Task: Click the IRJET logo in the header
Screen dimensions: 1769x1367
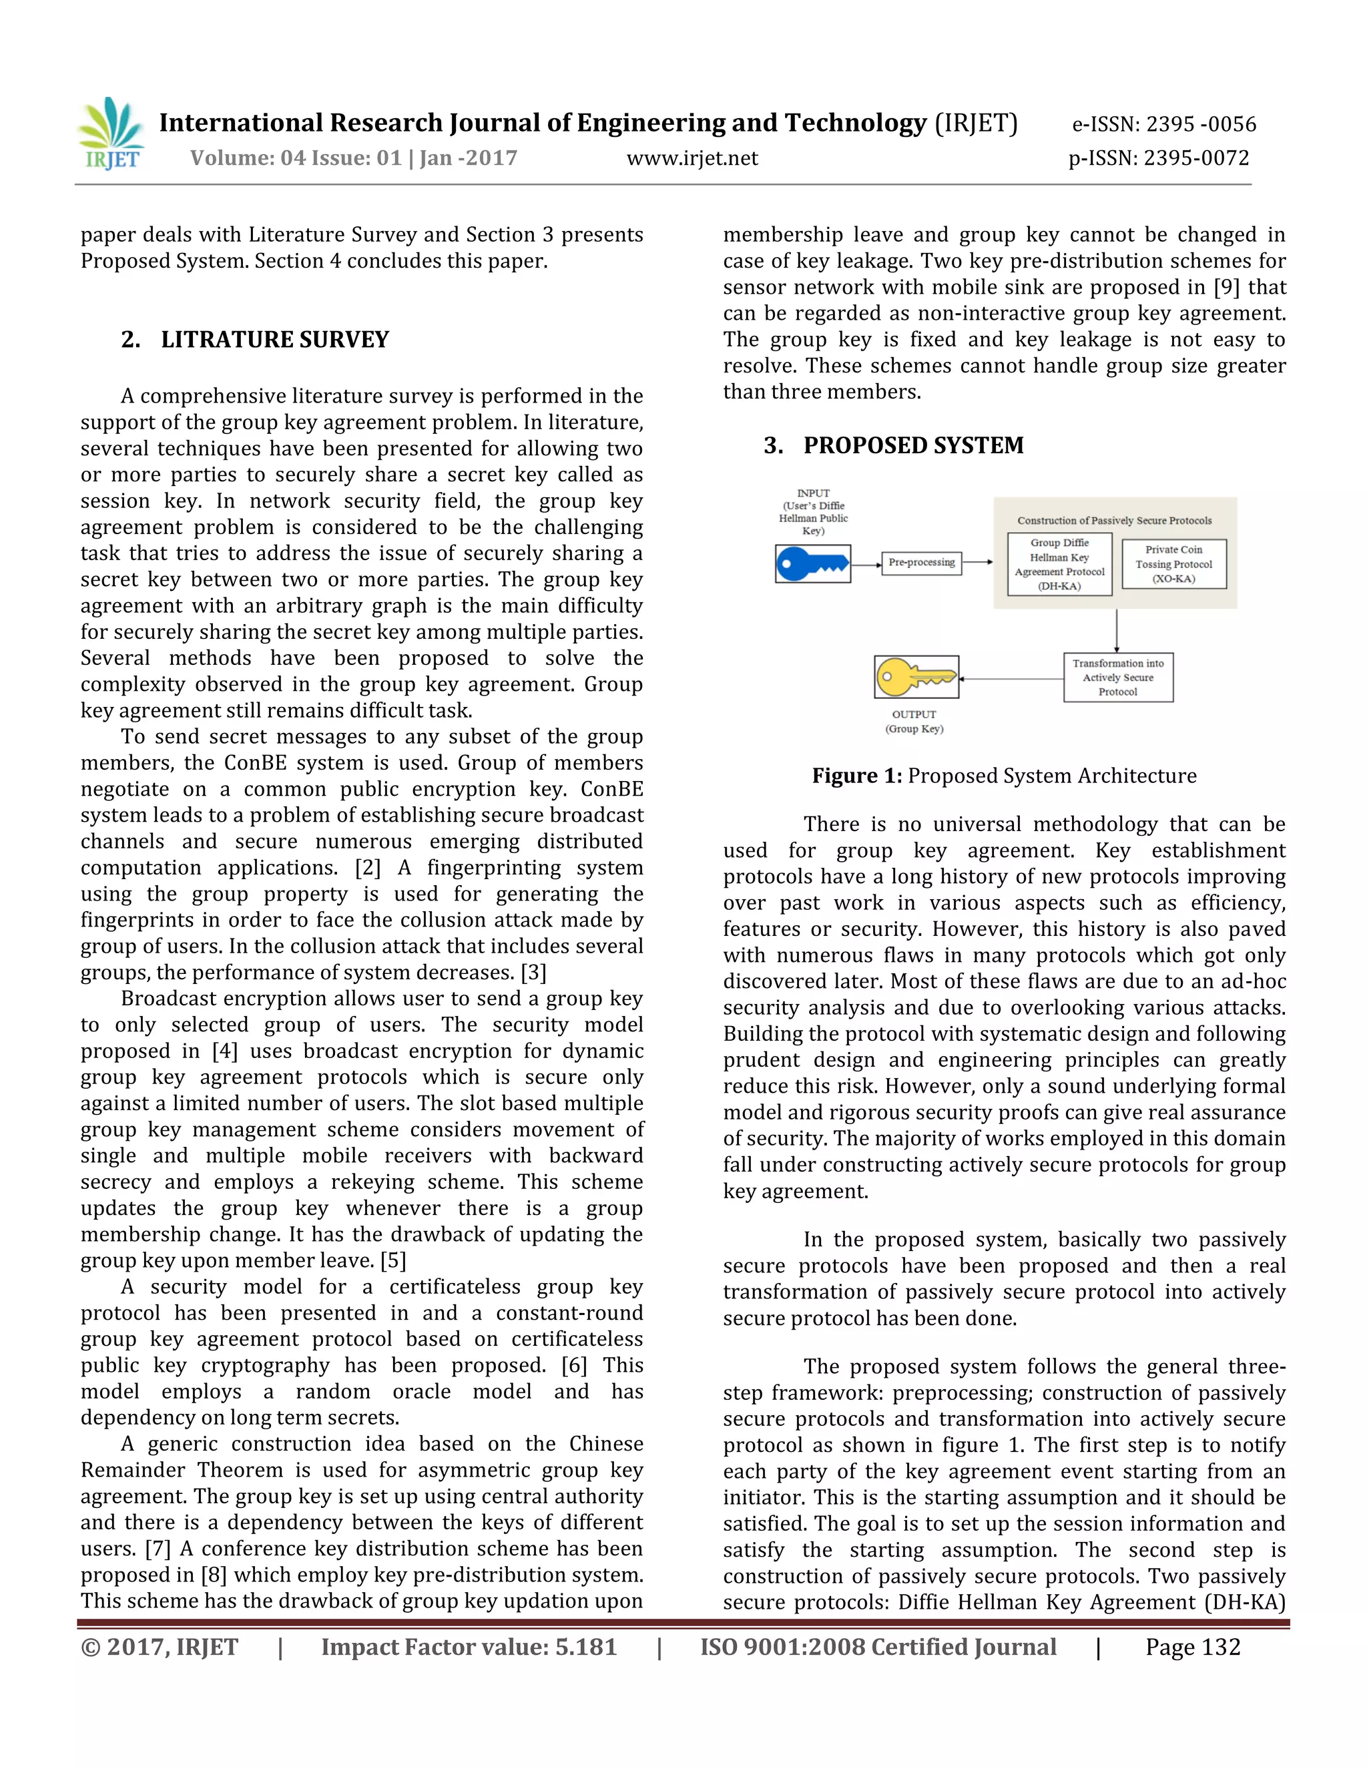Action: click(x=111, y=134)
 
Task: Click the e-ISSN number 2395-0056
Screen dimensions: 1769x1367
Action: click(x=1163, y=124)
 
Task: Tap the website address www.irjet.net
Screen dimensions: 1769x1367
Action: click(x=692, y=158)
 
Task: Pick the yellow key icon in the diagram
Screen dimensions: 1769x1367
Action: click(x=916, y=676)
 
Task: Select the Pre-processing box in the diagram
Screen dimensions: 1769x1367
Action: click(x=922, y=562)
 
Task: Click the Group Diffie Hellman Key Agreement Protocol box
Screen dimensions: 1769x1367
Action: click(x=1059, y=564)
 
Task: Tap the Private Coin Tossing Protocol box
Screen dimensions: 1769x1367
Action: click(x=1173, y=564)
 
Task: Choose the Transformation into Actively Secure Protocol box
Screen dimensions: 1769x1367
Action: click(x=1117, y=677)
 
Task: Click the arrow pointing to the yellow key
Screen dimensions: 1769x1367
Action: click(x=1011, y=679)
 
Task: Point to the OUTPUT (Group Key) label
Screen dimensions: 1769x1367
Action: click(x=914, y=721)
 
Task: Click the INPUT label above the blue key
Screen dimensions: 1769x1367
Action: click(x=813, y=511)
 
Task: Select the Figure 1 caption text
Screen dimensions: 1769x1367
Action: click(x=1003, y=776)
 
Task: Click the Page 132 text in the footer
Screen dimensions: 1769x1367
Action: click(x=1192, y=1647)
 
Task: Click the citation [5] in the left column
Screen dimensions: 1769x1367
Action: click(x=392, y=1261)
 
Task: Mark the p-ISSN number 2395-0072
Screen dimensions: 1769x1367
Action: click(x=1159, y=158)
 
